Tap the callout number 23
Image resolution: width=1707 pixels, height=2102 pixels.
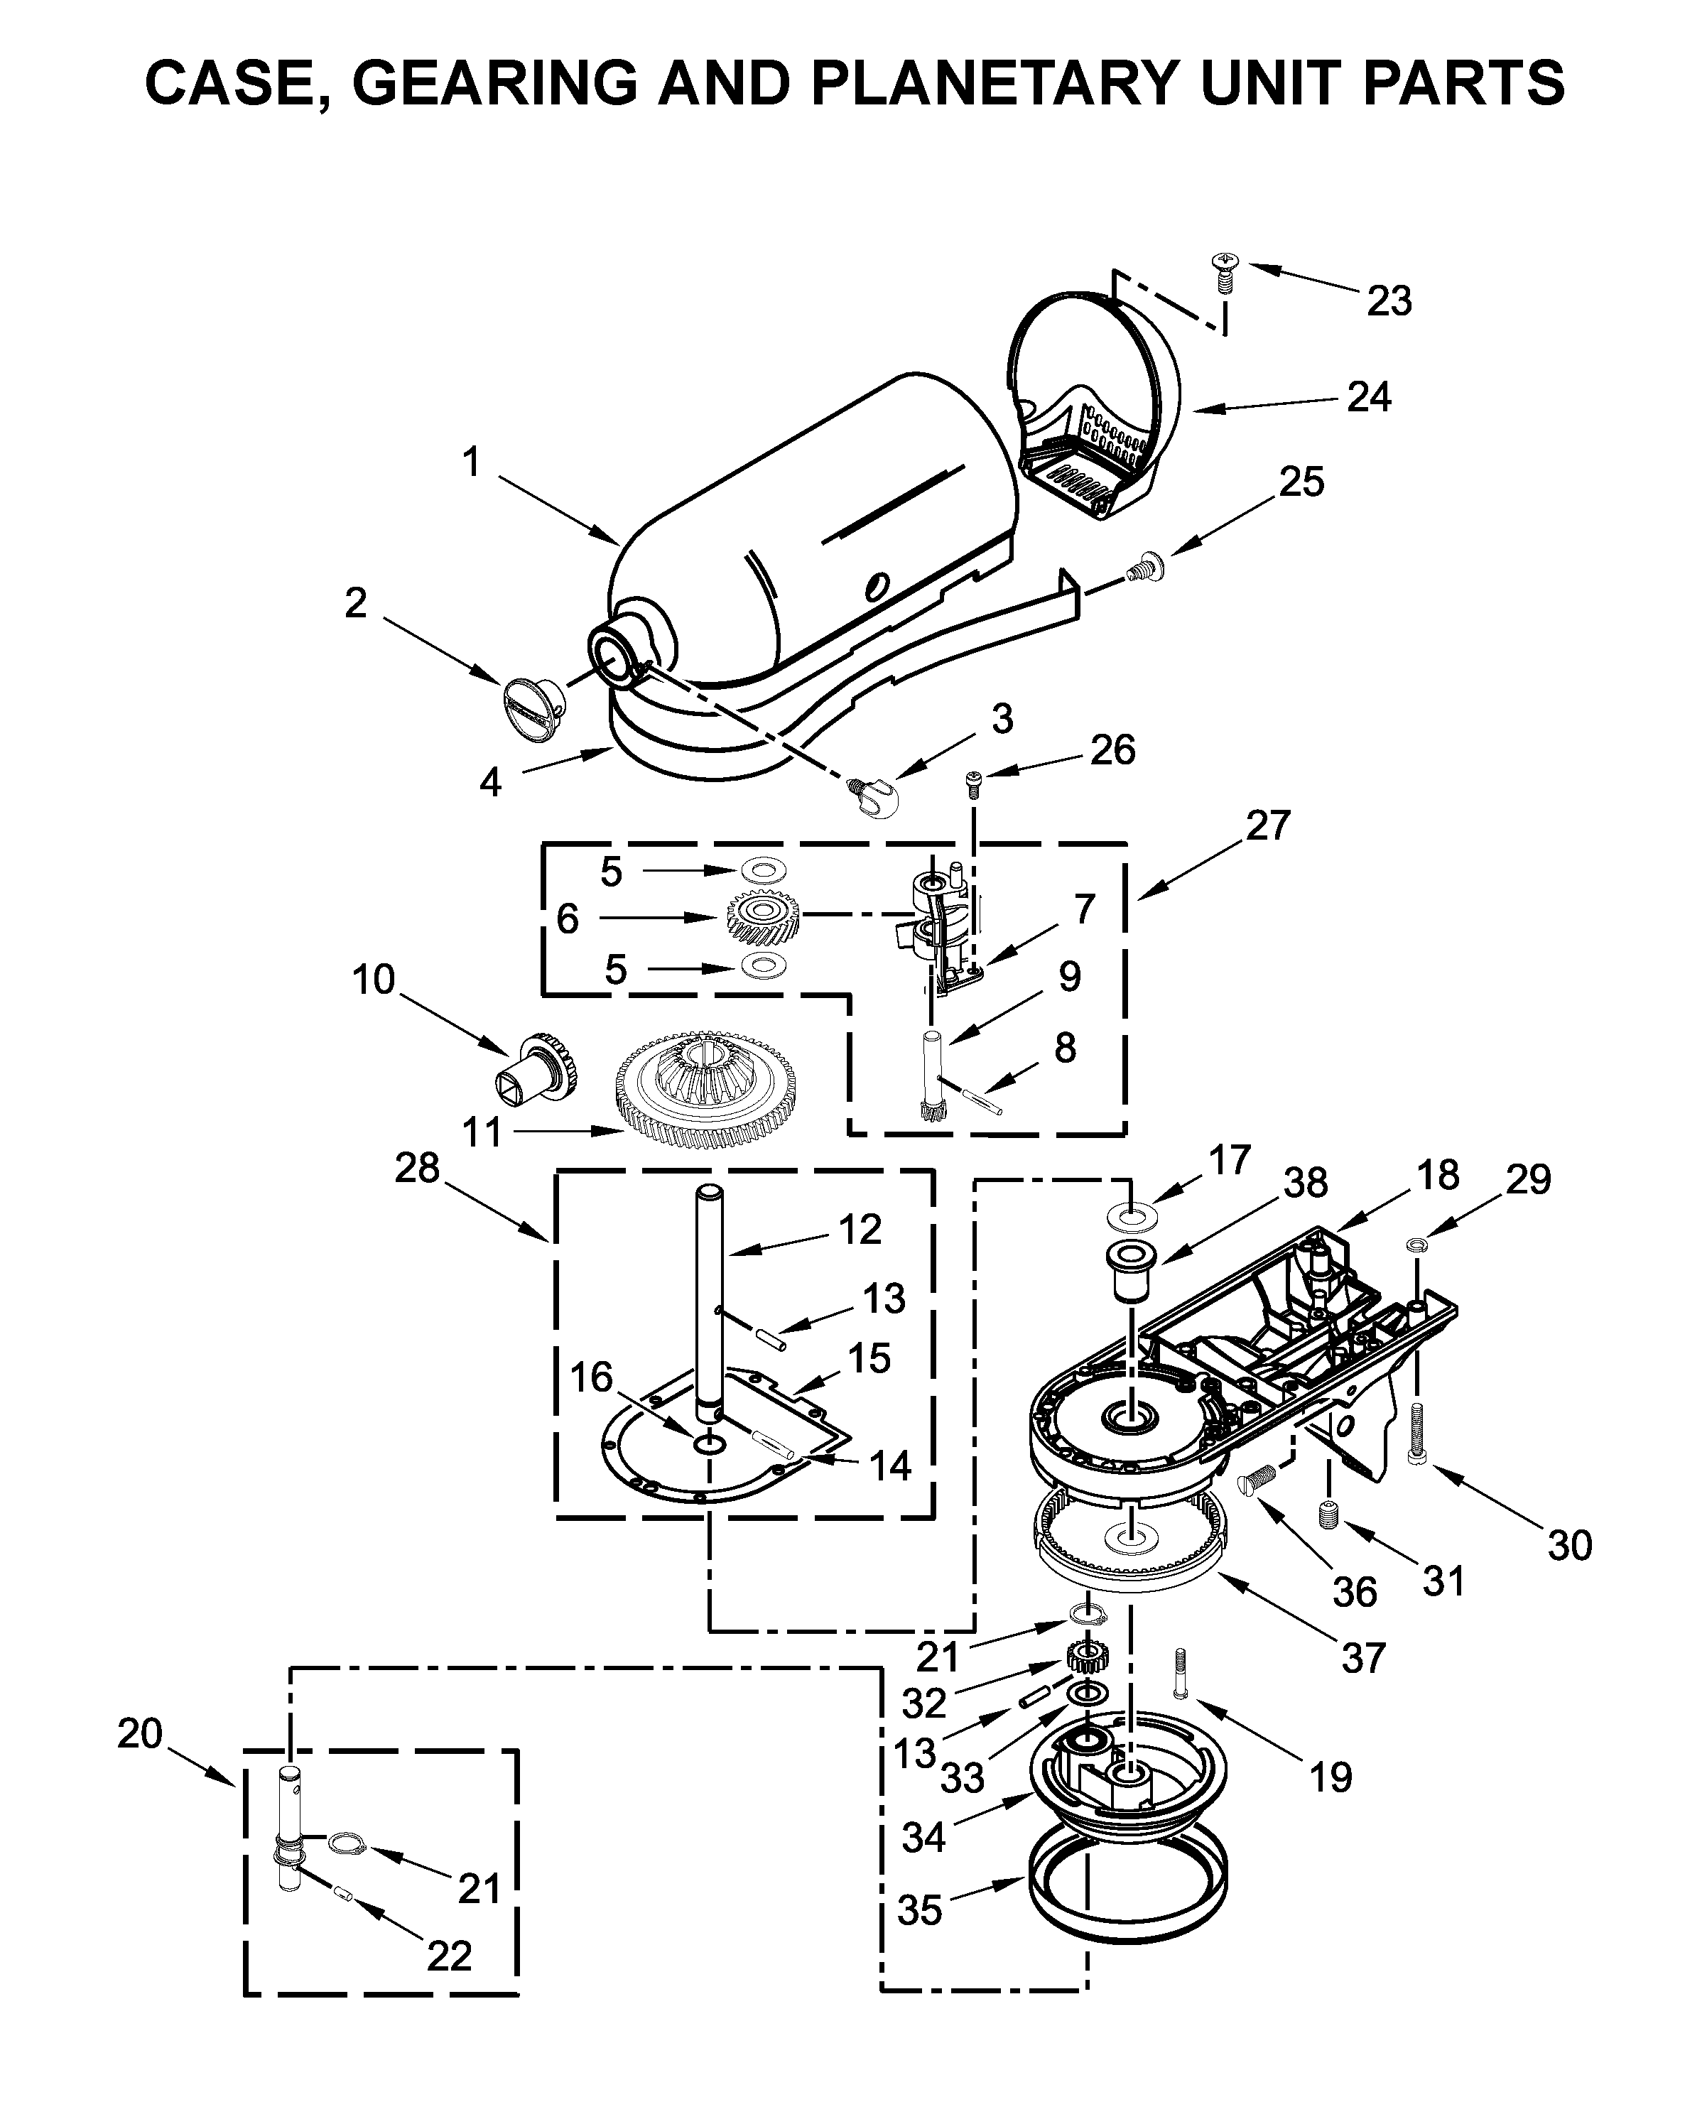click(x=1389, y=301)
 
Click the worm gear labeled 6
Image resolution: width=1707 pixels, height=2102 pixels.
click(x=763, y=916)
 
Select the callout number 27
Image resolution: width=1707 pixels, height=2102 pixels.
click(x=1267, y=826)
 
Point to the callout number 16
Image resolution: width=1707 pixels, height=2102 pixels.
click(x=591, y=1377)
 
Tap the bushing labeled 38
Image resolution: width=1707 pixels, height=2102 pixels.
click(x=1129, y=1270)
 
